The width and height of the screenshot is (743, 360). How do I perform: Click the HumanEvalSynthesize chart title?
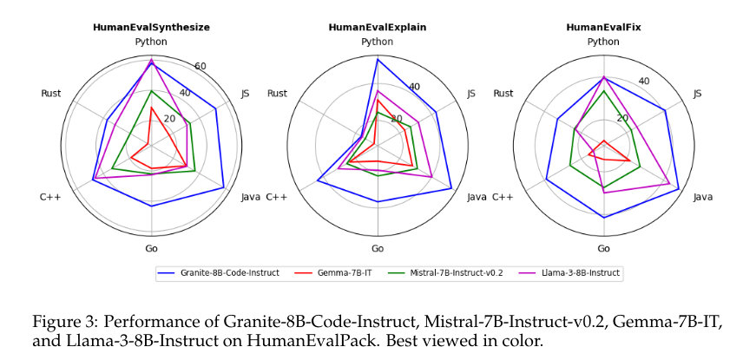[x=152, y=27]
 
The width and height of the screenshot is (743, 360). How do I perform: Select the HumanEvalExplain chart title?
[x=377, y=27]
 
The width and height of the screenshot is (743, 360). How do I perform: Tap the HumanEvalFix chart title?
[x=603, y=27]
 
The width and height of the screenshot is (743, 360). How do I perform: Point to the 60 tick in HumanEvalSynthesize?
[x=201, y=67]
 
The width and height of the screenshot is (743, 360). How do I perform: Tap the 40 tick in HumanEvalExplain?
[x=414, y=86]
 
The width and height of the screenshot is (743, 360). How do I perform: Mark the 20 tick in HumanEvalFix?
[x=622, y=118]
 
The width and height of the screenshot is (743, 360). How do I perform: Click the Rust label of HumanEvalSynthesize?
[x=50, y=93]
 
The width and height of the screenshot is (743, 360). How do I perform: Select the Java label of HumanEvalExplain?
[x=477, y=197]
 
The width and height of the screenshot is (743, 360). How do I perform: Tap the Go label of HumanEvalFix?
[x=603, y=249]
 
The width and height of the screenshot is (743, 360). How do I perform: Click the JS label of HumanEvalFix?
[x=698, y=93]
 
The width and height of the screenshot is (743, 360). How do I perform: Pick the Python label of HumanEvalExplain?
[x=377, y=42]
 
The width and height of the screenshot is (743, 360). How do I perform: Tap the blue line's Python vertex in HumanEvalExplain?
[x=377, y=59]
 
